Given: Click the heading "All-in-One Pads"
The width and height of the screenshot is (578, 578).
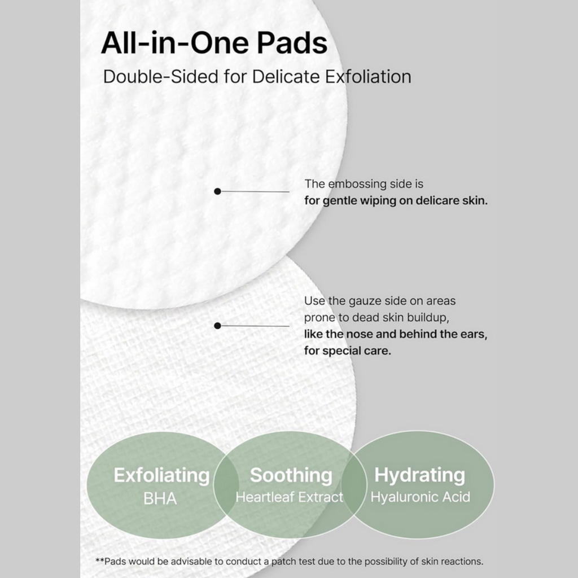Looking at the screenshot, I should pyautogui.click(x=214, y=43).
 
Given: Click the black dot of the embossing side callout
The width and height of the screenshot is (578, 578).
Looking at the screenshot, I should pyautogui.click(x=217, y=191).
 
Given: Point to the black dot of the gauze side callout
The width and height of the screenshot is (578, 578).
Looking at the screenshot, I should pyautogui.click(x=217, y=326).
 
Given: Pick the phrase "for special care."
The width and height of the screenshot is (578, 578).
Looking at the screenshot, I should pyautogui.click(x=347, y=351).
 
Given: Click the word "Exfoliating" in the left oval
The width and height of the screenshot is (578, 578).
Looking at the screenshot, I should pyautogui.click(x=161, y=475).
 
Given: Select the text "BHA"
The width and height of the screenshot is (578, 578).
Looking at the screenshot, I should pyautogui.click(x=160, y=499).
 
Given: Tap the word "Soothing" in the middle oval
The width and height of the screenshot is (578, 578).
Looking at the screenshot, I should pyautogui.click(x=291, y=475).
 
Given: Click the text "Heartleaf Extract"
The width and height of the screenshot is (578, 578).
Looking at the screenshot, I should pyautogui.click(x=289, y=497).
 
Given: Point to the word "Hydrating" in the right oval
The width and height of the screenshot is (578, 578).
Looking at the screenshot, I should pyautogui.click(x=419, y=475).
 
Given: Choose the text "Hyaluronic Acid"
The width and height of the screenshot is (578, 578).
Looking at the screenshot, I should pyautogui.click(x=420, y=497).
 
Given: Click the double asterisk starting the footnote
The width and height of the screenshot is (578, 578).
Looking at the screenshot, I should pyautogui.click(x=99, y=561).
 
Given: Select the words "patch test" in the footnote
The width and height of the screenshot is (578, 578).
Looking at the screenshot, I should pyautogui.click(x=323, y=562).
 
